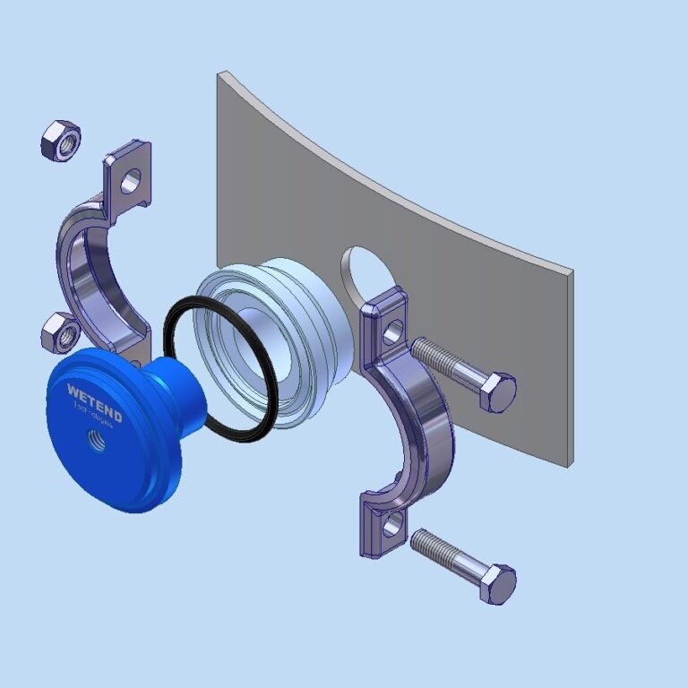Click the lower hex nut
[x=60, y=333]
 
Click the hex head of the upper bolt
[x=497, y=392]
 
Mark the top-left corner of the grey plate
[x=219, y=74]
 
